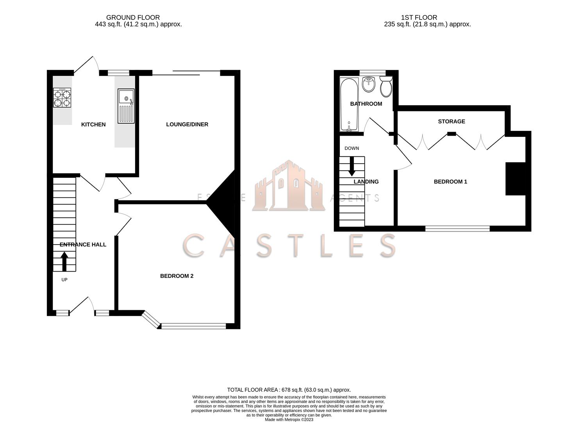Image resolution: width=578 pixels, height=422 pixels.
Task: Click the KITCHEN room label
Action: (93, 125)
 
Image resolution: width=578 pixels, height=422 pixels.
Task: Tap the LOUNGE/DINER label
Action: (187, 125)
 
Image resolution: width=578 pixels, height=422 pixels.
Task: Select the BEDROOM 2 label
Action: (177, 276)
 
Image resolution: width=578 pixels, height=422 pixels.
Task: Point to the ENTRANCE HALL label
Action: (83, 245)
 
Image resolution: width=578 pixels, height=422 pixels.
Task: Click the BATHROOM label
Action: (366, 104)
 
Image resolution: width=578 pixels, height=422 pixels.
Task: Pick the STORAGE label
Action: (451, 122)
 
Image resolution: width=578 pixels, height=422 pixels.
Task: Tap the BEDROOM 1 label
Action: (450, 182)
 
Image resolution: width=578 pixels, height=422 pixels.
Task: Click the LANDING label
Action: (366, 182)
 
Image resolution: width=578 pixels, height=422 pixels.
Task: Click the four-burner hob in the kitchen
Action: (62, 98)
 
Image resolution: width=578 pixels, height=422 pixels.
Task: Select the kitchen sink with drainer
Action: (126, 105)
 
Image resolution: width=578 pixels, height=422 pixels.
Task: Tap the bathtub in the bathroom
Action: (349, 105)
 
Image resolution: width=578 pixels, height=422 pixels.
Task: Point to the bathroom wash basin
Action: (369, 84)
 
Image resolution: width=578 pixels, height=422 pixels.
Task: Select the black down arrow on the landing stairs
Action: (352, 166)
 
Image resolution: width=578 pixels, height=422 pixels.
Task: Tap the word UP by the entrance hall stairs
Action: (64, 280)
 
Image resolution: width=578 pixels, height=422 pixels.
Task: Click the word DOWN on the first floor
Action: (351, 148)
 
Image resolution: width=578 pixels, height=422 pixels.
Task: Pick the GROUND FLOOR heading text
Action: (133, 18)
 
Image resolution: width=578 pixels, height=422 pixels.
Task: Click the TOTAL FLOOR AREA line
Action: (289, 390)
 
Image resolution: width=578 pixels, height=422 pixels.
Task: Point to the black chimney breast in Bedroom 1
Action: (516, 179)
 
